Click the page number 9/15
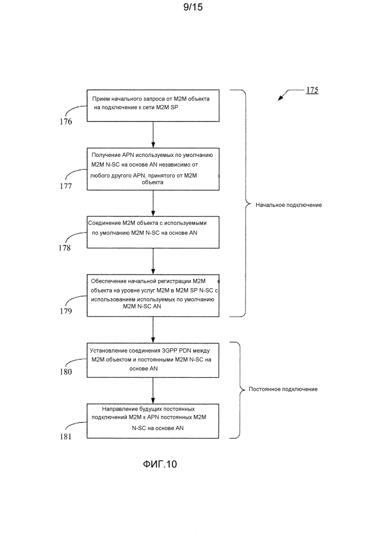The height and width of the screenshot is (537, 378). coord(193,7)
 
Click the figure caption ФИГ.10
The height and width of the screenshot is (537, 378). coord(160,464)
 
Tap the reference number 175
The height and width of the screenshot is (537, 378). coord(312,90)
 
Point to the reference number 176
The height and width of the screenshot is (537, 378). coord(66,121)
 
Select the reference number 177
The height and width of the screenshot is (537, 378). coord(66,186)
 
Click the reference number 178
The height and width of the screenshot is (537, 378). coord(64,248)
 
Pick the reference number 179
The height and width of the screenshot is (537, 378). coord(66,311)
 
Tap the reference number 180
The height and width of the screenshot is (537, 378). coord(66,371)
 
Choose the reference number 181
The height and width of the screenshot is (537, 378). coord(66,436)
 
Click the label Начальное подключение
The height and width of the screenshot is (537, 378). coord(289,205)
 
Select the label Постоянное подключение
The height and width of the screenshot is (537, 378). coord(283,389)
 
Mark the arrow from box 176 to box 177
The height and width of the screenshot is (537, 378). coord(153,134)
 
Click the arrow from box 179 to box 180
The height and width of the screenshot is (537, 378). coord(153,330)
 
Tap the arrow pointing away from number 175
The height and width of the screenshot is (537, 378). coord(291,94)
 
